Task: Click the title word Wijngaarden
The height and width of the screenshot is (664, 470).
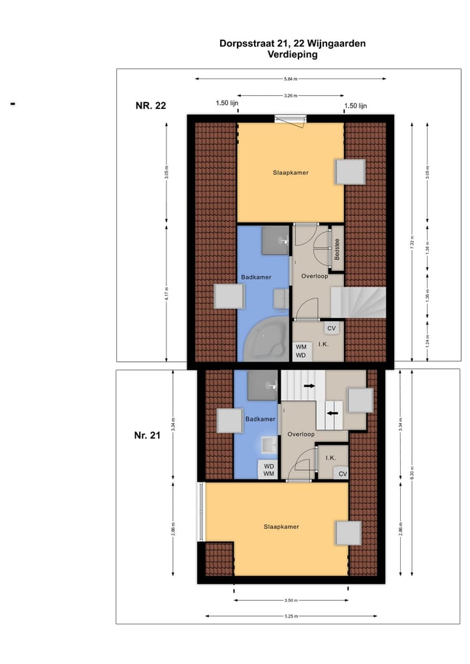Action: (338, 44)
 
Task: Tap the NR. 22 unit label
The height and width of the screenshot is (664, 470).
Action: (151, 106)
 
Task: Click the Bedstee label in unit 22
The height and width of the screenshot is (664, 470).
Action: (337, 250)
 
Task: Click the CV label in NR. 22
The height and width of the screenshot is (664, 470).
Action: (331, 328)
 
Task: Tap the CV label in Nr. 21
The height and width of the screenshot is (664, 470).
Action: (342, 474)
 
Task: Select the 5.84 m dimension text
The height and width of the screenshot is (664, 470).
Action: (290, 80)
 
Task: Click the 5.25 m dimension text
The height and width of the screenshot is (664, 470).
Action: (290, 616)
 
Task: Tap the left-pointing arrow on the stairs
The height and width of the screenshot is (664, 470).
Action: (332, 413)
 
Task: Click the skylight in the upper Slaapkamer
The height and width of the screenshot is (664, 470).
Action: (350, 172)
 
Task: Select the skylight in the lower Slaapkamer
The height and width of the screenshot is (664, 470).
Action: (348, 533)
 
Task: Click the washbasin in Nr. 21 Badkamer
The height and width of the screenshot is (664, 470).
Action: (267, 445)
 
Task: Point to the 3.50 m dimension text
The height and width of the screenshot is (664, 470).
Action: (290, 600)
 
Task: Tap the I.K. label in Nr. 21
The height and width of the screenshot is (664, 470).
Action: (331, 458)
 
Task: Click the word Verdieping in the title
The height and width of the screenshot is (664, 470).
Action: (292, 55)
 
